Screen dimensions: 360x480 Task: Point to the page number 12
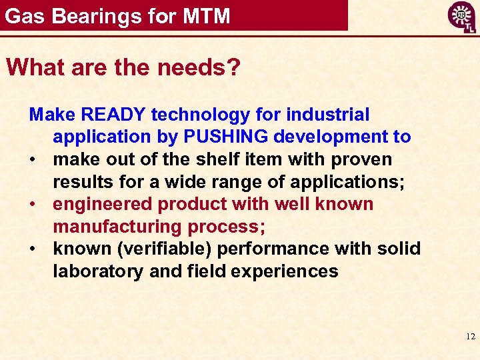coord(470,337)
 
